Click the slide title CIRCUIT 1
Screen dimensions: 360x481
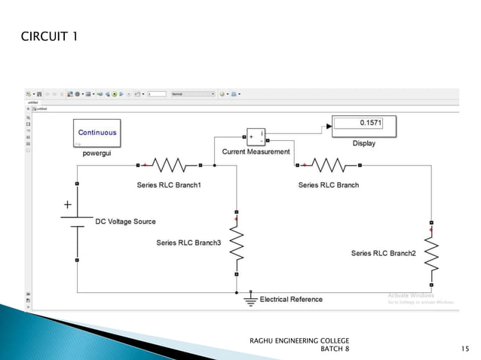click(50, 38)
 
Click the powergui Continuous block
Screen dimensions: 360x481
click(97, 133)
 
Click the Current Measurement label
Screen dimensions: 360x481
click(256, 152)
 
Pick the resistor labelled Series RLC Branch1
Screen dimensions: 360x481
click(169, 164)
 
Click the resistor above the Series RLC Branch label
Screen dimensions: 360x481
click(328, 164)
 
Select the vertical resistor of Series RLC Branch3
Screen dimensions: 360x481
click(237, 243)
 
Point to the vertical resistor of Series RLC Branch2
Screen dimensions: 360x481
click(431, 254)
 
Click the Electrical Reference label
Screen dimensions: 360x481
click(291, 300)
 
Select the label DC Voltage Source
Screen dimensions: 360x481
click(125, 221)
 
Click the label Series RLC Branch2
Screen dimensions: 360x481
click(383, 254)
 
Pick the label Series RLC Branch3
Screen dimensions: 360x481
click(188, 243)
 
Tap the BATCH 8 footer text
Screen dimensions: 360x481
click(335, 349)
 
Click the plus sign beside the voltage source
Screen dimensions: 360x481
click(67, 204)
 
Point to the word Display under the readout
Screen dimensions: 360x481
click(363, 143)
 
